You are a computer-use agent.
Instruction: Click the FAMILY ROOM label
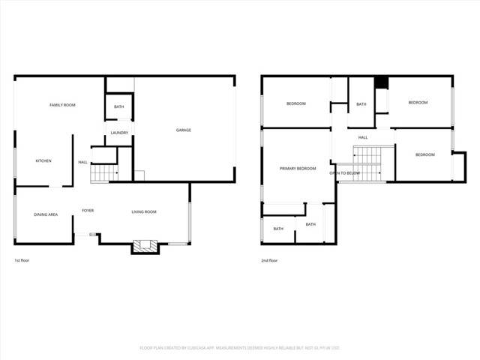coord(62,105)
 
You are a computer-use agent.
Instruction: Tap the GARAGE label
coord(183,130)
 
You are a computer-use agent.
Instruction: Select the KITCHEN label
coord(43,161)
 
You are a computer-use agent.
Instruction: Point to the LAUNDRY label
coord(119,133)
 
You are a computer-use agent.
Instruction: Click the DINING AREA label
coord(46,215)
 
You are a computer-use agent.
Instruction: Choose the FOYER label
coord(88,211)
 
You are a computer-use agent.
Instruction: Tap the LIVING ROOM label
coord(144,212)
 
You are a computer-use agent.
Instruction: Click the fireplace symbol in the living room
coord(145,245)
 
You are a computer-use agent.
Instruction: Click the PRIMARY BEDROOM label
coord(298,169)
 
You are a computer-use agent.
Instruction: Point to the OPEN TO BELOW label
coord(344,173)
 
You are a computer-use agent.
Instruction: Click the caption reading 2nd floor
coord(269,260)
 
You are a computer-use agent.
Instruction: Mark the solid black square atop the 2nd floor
coord(380,82)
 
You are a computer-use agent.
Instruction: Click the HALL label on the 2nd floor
coord(362,137)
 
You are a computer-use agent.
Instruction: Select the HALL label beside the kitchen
coord(82,162)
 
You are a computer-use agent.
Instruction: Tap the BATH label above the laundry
coord(118,107)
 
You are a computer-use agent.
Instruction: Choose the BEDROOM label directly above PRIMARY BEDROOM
coord(295,103)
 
